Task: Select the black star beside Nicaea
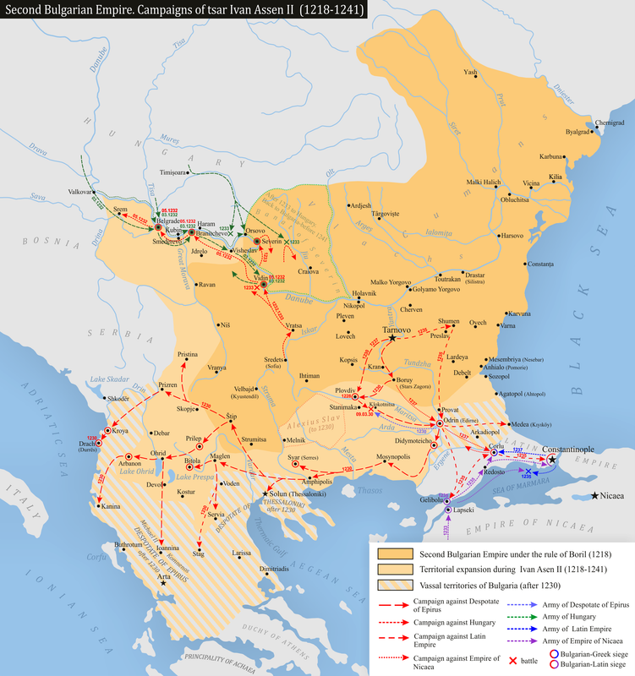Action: [597, 494]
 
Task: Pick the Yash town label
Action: [471, 74]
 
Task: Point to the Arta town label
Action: [159, 597]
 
